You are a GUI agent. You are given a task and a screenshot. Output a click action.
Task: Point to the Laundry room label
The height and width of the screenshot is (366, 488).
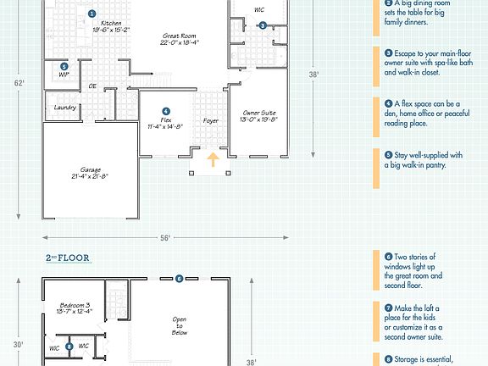tap(65, 108)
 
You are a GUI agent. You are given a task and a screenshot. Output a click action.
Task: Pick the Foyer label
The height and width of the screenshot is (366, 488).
tap(211, 120)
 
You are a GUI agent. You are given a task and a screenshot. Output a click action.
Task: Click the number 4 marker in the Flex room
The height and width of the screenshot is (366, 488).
tap(166, 111)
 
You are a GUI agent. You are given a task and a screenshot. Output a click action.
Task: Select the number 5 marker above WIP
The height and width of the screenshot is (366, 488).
tap(64, 66)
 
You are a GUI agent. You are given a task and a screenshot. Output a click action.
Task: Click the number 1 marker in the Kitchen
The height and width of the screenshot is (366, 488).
tap(91, 14)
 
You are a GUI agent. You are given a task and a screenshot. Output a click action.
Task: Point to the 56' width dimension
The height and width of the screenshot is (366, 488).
tap(165, 236)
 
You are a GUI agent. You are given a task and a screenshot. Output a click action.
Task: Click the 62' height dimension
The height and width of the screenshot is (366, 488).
tap(19, 83)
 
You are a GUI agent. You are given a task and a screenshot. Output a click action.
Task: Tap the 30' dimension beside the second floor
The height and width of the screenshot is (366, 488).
tap(19, 345)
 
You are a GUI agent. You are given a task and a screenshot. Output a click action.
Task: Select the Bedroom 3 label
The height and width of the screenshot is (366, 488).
tap(75, 308)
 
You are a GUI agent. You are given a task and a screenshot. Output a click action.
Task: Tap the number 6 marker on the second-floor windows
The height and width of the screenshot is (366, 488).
tap(179, 278)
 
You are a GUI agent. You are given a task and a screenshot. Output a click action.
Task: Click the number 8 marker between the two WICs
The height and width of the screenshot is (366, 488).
tap(69, 347)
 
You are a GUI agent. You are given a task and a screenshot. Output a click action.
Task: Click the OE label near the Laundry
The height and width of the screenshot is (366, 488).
tap(92, 86)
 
